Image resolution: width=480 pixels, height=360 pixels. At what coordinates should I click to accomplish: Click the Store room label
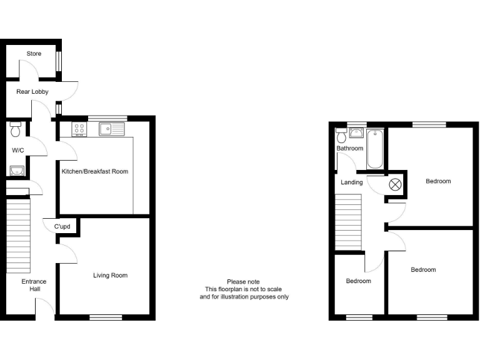(34, 54)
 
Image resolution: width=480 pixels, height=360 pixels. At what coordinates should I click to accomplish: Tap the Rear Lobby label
(32, 92)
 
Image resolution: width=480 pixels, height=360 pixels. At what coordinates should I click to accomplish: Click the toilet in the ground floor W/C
(16, 130)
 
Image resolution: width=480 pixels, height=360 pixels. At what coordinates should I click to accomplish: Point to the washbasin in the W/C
(16, 170)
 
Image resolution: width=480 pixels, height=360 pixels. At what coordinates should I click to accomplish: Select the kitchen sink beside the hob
(110, 129)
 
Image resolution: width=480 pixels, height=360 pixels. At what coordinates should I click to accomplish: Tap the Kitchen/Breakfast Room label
(94, 171)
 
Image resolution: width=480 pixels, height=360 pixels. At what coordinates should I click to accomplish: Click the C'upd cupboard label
(62, 226)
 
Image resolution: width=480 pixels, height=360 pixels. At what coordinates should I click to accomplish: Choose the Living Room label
(110, 275)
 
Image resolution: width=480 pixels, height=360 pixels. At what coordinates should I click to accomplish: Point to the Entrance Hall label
(34, 285)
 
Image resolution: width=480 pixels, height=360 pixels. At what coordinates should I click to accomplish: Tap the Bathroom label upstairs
(349, 149)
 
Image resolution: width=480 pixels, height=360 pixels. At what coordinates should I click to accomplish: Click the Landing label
(351, 182)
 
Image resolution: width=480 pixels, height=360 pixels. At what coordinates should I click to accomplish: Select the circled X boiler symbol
(395, 184)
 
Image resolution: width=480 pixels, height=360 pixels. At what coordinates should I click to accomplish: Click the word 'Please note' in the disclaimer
(244, 282)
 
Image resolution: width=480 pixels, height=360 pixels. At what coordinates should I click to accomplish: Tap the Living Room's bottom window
(106, 317)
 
